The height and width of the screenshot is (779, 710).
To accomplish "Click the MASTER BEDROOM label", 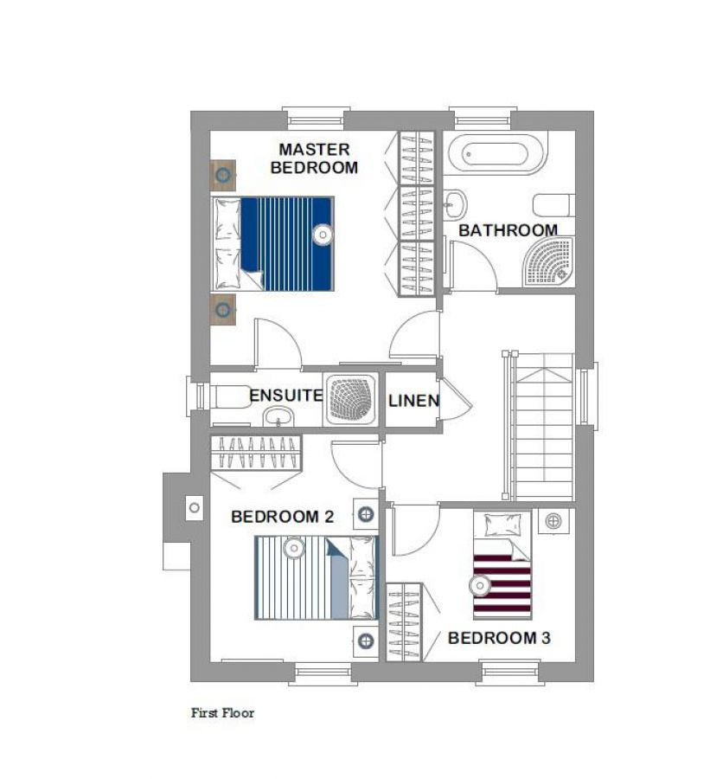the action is [x=314, y=158].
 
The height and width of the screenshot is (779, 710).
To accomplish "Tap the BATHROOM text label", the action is [x=508, y=230].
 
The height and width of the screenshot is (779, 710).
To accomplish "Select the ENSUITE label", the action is [x=286, y=396].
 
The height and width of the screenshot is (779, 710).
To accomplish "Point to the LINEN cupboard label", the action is [x=414, y=401].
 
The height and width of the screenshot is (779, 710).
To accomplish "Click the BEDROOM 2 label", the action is [x=283, y=517].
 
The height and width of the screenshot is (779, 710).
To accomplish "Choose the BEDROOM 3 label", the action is [x=499, y=638].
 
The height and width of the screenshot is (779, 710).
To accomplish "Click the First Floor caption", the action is [x=222, y=713].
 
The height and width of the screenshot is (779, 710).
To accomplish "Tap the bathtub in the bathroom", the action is [x=497, y=153].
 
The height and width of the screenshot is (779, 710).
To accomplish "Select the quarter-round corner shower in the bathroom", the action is [x=549, y=261].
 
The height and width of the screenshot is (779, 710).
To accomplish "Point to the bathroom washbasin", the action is [x=455, y=203].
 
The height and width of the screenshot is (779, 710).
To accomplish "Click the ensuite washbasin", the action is [x=278, y=416].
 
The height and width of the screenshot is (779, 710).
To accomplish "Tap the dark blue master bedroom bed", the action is [x=273, y=243].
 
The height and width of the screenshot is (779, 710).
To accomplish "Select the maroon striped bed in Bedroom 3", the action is [x=502, y=565].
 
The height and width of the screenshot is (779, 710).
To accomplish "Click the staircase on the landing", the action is [x=540, y=426].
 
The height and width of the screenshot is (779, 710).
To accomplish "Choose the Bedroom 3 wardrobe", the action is [x=404, y=622].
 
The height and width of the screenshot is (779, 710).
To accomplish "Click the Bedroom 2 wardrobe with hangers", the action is [x=256, y=453].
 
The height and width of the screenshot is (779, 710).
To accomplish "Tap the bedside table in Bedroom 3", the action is [x=553, y=521].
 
